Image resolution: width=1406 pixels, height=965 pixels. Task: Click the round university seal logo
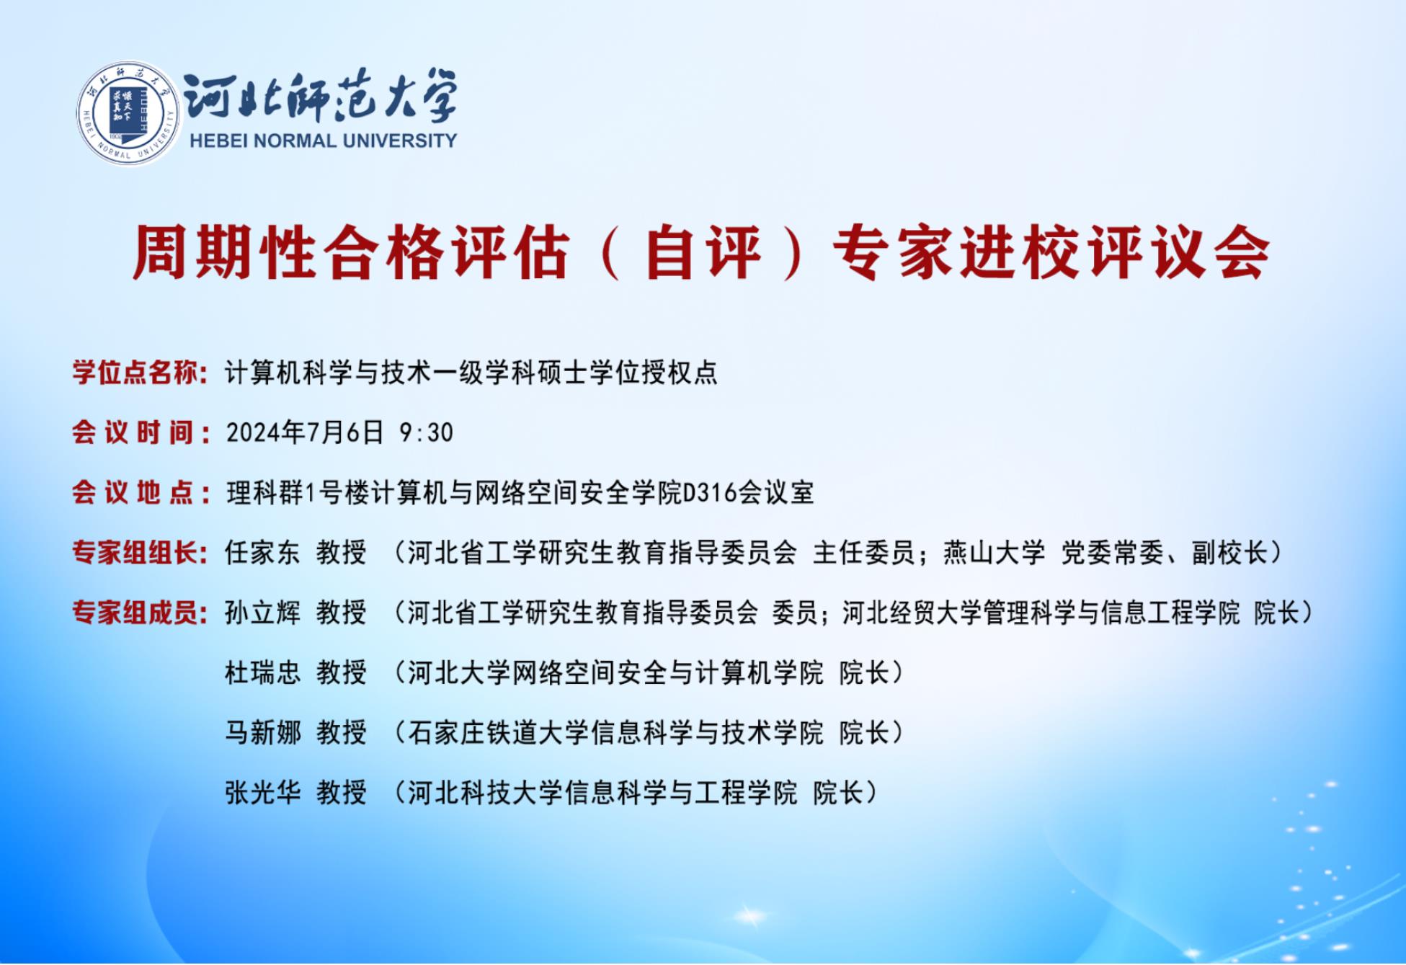pos(128,113)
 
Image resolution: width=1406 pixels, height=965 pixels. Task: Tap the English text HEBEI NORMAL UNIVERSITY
pos(324,141)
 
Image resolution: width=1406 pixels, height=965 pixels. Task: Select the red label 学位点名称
pos(135,373)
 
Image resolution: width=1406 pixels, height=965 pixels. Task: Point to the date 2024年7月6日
pos(305,432)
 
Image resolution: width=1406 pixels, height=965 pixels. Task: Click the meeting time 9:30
pos(426,432)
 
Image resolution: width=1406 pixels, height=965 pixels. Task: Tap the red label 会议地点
pos(133,493)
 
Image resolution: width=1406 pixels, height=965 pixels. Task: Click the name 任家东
pos(262,553)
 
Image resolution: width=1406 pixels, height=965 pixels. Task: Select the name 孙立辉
pos(262,613)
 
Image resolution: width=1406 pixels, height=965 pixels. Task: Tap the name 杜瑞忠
pos(262,672)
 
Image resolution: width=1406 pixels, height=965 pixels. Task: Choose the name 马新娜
pos(262,732)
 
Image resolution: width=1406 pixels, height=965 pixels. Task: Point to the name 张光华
pos(262,793)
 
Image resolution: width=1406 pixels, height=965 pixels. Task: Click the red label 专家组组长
pos(135,553)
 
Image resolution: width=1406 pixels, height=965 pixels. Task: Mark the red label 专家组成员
pos(135,613)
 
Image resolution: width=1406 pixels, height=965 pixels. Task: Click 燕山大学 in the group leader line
pos(995,553)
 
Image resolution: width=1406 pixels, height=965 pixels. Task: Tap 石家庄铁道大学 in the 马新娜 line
pos(498,732)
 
